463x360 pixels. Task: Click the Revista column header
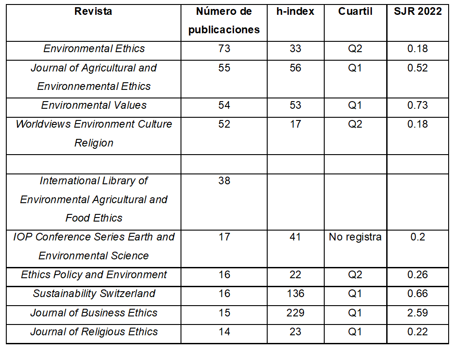pos(93,12)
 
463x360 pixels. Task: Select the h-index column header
pos(295,12)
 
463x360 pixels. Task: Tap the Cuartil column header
pos(355,12)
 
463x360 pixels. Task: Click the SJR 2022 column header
pos(417,12)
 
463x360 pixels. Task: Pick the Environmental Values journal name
pos(94,105)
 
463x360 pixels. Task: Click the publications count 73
pos(224,49)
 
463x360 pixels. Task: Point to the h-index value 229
pos(295,313)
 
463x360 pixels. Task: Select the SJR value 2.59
pos(417,313)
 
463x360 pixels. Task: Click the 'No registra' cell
pos(355,237)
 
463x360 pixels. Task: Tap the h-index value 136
pos(295,293)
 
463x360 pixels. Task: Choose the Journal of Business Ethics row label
pos(94,313)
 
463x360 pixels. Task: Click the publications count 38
pos(224,181)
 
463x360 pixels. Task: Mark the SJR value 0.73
pos(417,105)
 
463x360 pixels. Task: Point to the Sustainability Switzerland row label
pos(94,293)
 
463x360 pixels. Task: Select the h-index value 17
pos(295,124)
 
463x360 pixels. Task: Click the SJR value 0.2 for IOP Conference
pos(417,237)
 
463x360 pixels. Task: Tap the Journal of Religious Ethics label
pos(94,332)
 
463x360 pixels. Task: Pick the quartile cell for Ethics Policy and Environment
pos(355,275)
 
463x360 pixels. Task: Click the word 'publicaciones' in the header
pos(224,30)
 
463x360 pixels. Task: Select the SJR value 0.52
pos(417,68)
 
